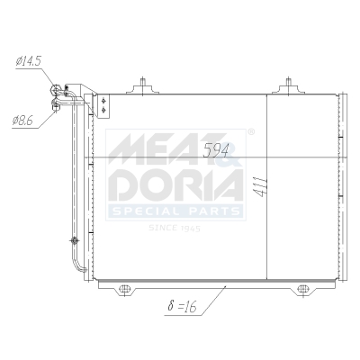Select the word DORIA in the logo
click(175, 184)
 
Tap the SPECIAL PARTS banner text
click(175, 212)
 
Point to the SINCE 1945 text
click(173, 227)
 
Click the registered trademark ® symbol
click(250, 132)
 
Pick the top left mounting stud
click(144, 87)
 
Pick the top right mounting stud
click(288, 87)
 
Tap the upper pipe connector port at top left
click(60, 88)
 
